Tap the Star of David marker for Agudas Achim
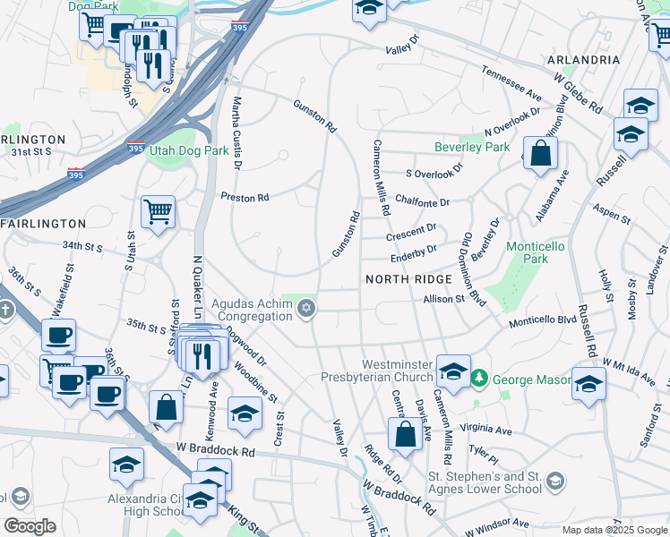click(307, 309)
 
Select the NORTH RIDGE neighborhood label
click(402, 280)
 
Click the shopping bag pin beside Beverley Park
click(541, 153)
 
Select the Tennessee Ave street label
click(511, 83)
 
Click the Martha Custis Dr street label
click(237, 132)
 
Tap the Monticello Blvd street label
click(543, 320)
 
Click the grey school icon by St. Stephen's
click(555, 483)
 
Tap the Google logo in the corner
click(30, 526)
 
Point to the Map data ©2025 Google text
click(614, 530)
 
